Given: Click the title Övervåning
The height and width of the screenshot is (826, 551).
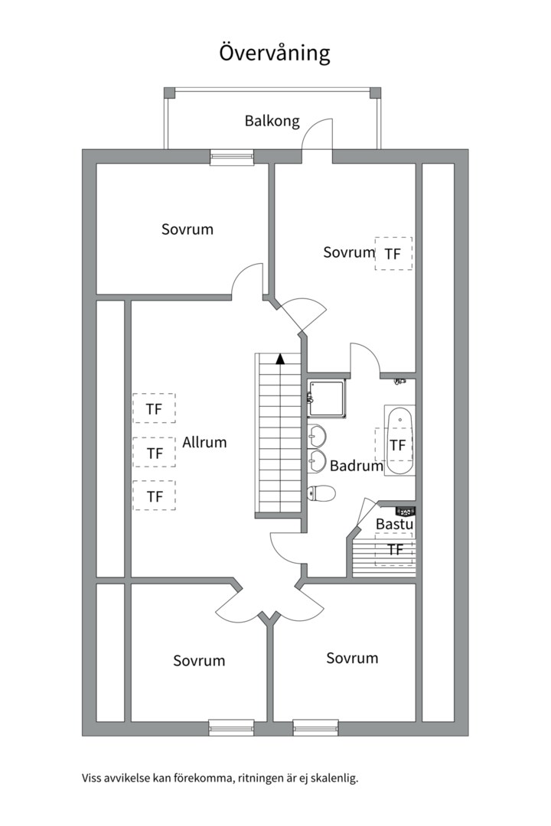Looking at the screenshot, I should [x=275, y=54].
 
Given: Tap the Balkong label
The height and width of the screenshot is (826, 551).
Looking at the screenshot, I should [x=272, y=121].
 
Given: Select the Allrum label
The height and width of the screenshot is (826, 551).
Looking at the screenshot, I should [x=204, y=442].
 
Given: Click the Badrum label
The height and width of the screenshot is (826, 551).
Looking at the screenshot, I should [x=356, y=465].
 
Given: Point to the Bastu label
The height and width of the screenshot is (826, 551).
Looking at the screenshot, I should [x=395, y=525].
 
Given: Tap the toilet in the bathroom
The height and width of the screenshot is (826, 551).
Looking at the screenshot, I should [x=321, y=493].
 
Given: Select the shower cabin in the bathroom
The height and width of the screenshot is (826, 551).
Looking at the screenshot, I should [x=328, y=398].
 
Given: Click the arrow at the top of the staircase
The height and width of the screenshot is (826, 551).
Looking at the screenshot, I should [x=280, y=357].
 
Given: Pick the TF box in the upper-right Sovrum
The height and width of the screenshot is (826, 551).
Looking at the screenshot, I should [x=393, y=253].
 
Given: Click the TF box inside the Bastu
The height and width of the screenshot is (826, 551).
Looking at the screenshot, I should [x=395, y=549].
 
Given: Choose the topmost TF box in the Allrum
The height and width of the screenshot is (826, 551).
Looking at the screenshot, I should [x=154, y=408].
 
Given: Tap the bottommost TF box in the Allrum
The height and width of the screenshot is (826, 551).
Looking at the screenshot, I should [x=154, y=496].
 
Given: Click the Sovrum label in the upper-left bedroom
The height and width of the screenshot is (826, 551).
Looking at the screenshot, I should [x=187, y=229].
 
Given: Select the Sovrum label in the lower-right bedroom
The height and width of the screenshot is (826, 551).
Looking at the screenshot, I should [x=352, y=658].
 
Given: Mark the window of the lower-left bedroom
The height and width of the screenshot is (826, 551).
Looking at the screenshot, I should [x=231, y=728].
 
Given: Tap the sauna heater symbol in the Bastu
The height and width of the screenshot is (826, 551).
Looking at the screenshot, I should [x=405, y=510].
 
